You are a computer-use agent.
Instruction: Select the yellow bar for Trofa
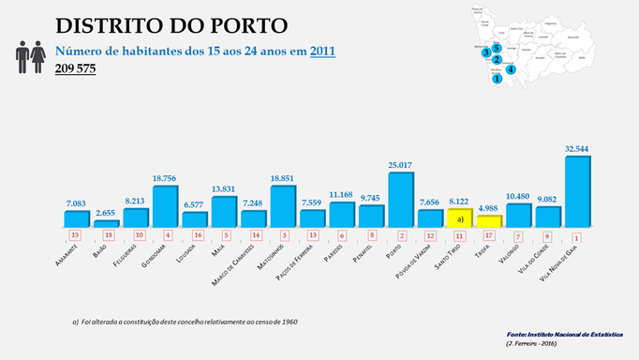click(488, 221)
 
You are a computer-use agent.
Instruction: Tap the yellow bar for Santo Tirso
click(459, 217)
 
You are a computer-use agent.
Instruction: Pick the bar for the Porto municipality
click(400, 200)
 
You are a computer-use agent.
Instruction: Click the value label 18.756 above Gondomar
click(165, 178)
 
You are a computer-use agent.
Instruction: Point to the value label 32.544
click(578, 148)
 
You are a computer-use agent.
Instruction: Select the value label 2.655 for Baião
click(106, 213)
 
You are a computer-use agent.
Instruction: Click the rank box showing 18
click(106, 235)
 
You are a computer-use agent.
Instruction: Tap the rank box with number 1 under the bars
click(578, 235)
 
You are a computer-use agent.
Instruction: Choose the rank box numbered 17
click(489, 235)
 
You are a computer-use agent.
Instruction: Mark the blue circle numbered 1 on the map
click(497, 80)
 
